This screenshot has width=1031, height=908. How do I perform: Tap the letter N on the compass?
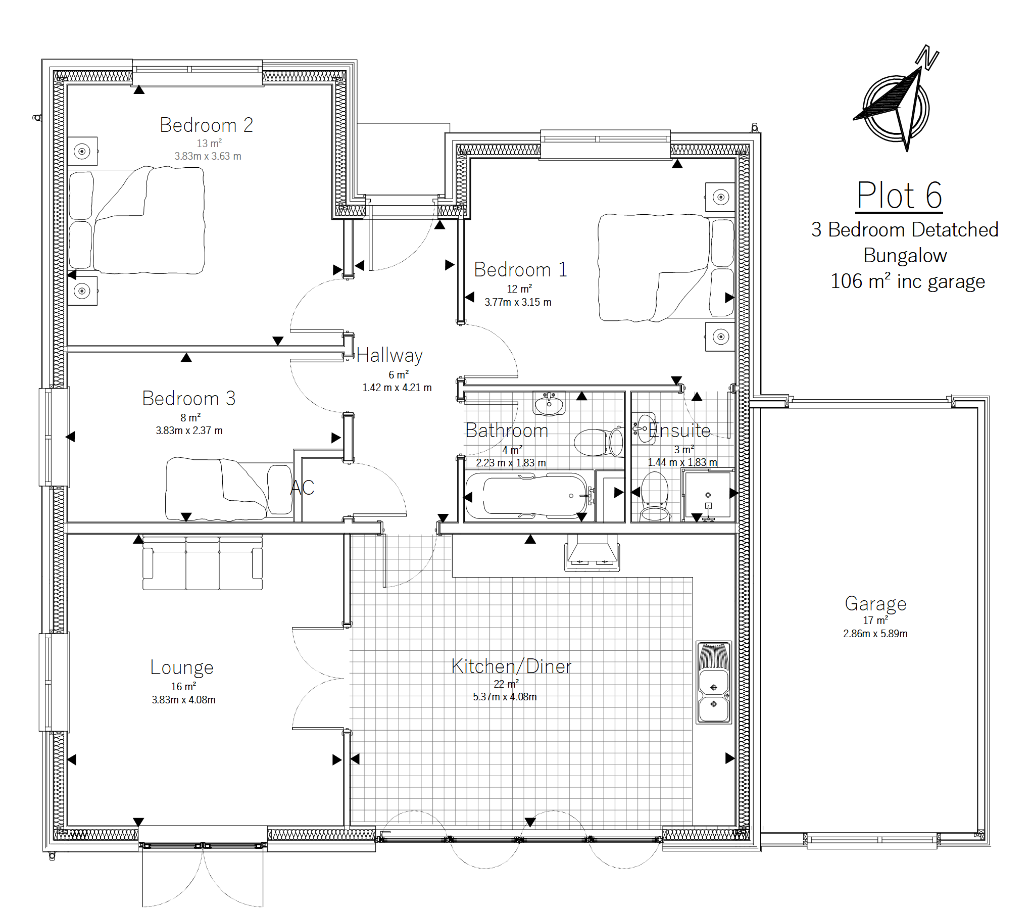click(928, 57)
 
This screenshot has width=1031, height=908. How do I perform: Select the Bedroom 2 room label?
click(206, 125)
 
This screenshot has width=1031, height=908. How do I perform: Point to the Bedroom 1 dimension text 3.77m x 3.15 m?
click(518, 302)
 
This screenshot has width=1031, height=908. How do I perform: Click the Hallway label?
click(389, 356)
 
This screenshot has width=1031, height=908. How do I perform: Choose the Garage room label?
click(875, 604)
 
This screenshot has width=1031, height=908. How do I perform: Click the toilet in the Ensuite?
click(655, 496)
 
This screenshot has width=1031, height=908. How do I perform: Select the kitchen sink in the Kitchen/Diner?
click(714, 682)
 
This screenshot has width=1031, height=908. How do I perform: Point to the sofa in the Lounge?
click(203, 562)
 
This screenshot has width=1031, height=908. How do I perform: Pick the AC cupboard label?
click(303, 488)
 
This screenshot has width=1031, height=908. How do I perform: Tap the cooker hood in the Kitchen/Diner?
click(592, 553)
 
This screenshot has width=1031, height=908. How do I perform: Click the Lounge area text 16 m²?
click(183, 686)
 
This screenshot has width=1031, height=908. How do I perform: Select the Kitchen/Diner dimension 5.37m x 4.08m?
click(505, 697)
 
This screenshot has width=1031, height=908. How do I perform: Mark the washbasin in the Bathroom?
click(549, 404)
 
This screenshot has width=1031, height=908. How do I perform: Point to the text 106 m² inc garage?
click(908, 281)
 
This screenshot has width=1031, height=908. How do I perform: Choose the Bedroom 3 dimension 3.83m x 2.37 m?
click(189, 431)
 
